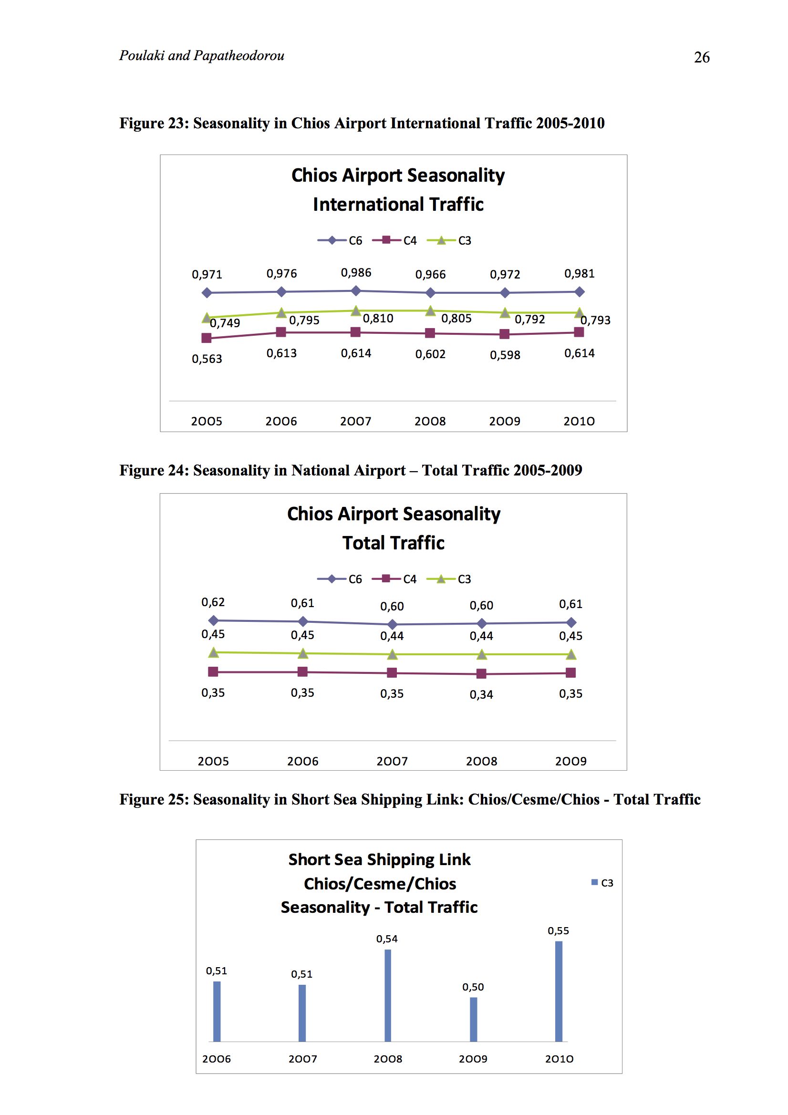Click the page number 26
[x=702, y=57]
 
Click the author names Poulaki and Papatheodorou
[x=202, y=55]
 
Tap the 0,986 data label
[x=356, y=272]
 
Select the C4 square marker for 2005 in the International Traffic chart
[x=207, y=338]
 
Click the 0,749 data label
[x=225, y=323]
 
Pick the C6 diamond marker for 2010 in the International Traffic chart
[x=579, y=291]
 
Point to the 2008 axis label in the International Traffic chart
[x=430, y=421]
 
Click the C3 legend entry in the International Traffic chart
[x=449, y=240]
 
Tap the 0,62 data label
[x=213, y=602]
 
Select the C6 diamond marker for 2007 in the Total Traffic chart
[x=392, y=624]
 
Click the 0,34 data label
[x=481, y=694]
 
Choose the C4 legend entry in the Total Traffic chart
[x=394, y=579]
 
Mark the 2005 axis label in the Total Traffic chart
[x=213, y=761]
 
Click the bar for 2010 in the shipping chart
[x=559, y=991]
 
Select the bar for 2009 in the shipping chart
[x=474, y=1019]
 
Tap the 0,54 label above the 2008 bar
[x=387, y=939]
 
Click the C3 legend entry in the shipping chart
[x=602, y=883]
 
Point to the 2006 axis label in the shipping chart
[x=217, y=1059]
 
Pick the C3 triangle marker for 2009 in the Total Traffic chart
[x=481, y=655]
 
